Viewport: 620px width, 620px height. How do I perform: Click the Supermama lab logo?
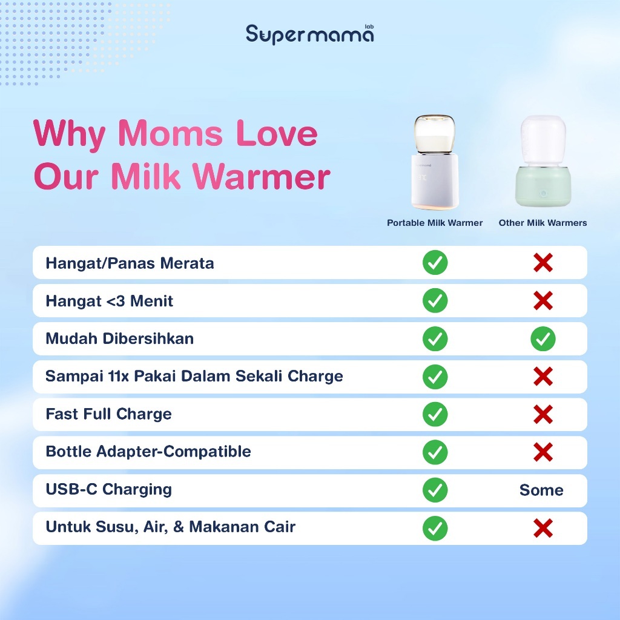[x=309, y=34]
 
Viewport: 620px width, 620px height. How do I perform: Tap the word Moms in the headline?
[x=170, y=133]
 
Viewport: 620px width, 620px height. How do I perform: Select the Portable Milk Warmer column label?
[x=435, y=223]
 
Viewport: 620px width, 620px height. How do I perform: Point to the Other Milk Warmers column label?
[x=542, y=223]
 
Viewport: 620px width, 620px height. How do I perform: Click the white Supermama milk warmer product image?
[x=435, y=162]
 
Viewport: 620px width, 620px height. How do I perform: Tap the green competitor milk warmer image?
[x=543, y=161]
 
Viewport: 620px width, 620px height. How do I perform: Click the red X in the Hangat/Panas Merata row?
[x=543, y=263]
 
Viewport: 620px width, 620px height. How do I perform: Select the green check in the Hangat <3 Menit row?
[x=435, y=300]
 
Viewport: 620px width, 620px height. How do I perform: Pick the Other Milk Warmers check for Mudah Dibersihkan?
[x=543, y=339]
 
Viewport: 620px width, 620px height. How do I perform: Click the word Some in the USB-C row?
[x=541, y=490]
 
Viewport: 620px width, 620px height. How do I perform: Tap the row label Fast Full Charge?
[x=109, y=414]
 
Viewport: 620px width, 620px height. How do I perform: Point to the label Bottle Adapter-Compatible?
[x=148, y=452]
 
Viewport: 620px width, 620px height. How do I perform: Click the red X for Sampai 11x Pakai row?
[x=543, y=377]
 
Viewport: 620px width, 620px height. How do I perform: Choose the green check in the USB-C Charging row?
[x=435, y=490]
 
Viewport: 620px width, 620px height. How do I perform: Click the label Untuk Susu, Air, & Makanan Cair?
[x=170, y=527]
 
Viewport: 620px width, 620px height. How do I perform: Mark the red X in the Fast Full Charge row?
[x=543, y=414]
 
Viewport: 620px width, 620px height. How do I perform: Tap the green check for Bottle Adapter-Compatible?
[x=435, y=452]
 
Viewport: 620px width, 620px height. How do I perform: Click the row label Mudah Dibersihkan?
[x=120, y=338]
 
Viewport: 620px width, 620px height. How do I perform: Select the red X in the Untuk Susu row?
[x=543, y=528]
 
